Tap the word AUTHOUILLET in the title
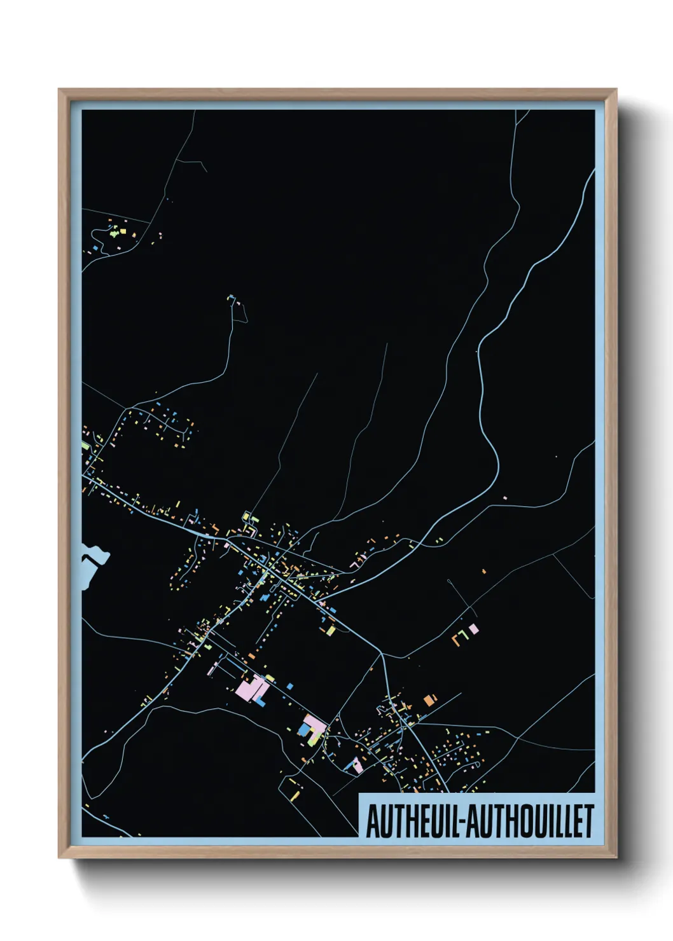pyautogui.click(x=532, y=821)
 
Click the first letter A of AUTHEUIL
pyautogui.click(x=371, y=821)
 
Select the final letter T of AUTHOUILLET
pyautogui.click(x=588, y=821)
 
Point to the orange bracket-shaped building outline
pyautogui.click(x=456, y=637)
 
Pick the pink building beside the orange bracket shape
pyautogui.click(x=473, y=629)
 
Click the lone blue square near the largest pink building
pyautogui.click(x=290, y=686)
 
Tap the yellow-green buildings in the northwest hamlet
pyautogui.click(x=114, y=233)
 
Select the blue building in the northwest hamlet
pyautogui.click(x=95, y=246)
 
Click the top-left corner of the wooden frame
pyautogui.click(x=59, y=90)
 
